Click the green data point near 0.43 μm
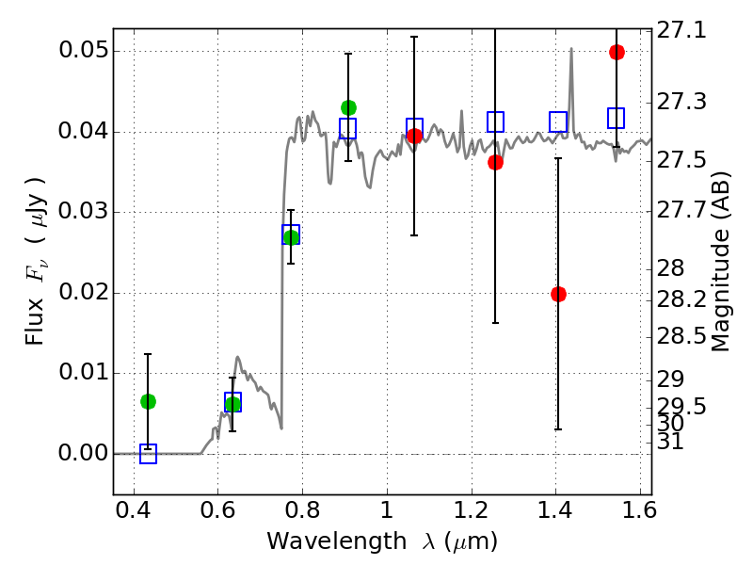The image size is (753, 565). pyautogui.click(x=148, y=401)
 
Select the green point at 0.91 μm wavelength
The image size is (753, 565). pyautogui.click(x=348, y=107)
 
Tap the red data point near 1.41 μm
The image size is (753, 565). pyautogui.click(x=558, y=294)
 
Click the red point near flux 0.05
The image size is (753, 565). pyautogui.click(x=617, y=52)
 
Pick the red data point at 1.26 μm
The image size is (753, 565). pyautogui.click(x=495, y=162)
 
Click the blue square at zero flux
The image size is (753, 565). pyautogui.click(x=148, y=454)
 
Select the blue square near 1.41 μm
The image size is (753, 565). pyautogui.click(x=558, y=121)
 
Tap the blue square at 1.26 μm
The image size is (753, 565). pyautogui.click(x=495, y=121)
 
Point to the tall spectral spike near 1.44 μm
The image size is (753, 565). pyautogui.click(x=571, y=51)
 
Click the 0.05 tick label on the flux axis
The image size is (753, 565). pyautogui.click(x=82, y=51)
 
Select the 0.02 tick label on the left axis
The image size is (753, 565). pyautogui.click(x=82, y=293)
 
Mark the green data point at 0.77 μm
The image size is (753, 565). pyautogui.click(x=291, y=237)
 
